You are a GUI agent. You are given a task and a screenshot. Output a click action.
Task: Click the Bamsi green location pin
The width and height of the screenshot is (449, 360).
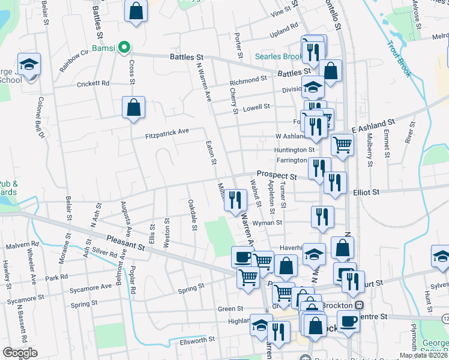click(124, 46)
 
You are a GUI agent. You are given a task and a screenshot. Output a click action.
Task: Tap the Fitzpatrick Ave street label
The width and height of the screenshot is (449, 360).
click(167, 133)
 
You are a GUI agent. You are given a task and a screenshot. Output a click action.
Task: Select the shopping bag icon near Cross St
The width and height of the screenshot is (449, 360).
click(133, 108)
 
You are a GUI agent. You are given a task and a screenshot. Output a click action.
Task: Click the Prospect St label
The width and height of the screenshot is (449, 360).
click(277, 176)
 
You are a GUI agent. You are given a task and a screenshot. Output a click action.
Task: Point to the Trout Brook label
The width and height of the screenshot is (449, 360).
click(398, 59)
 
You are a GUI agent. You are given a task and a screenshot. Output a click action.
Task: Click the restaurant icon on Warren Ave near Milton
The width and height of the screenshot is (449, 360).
click(235, 200)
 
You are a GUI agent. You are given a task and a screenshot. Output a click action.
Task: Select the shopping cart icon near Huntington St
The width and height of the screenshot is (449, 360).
click(342, 144)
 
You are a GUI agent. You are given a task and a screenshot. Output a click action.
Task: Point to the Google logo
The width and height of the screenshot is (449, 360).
click(20, 353)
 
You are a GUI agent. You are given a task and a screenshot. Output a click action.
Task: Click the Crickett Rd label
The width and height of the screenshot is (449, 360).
click(94, 83)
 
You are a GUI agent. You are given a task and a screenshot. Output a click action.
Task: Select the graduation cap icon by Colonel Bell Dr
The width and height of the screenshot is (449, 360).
click(28, 65)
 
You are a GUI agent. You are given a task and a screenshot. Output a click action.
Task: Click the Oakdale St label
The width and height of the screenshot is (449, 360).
click(193, 215)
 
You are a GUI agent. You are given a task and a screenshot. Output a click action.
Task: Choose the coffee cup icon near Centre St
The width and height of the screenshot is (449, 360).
click(348, 321)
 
